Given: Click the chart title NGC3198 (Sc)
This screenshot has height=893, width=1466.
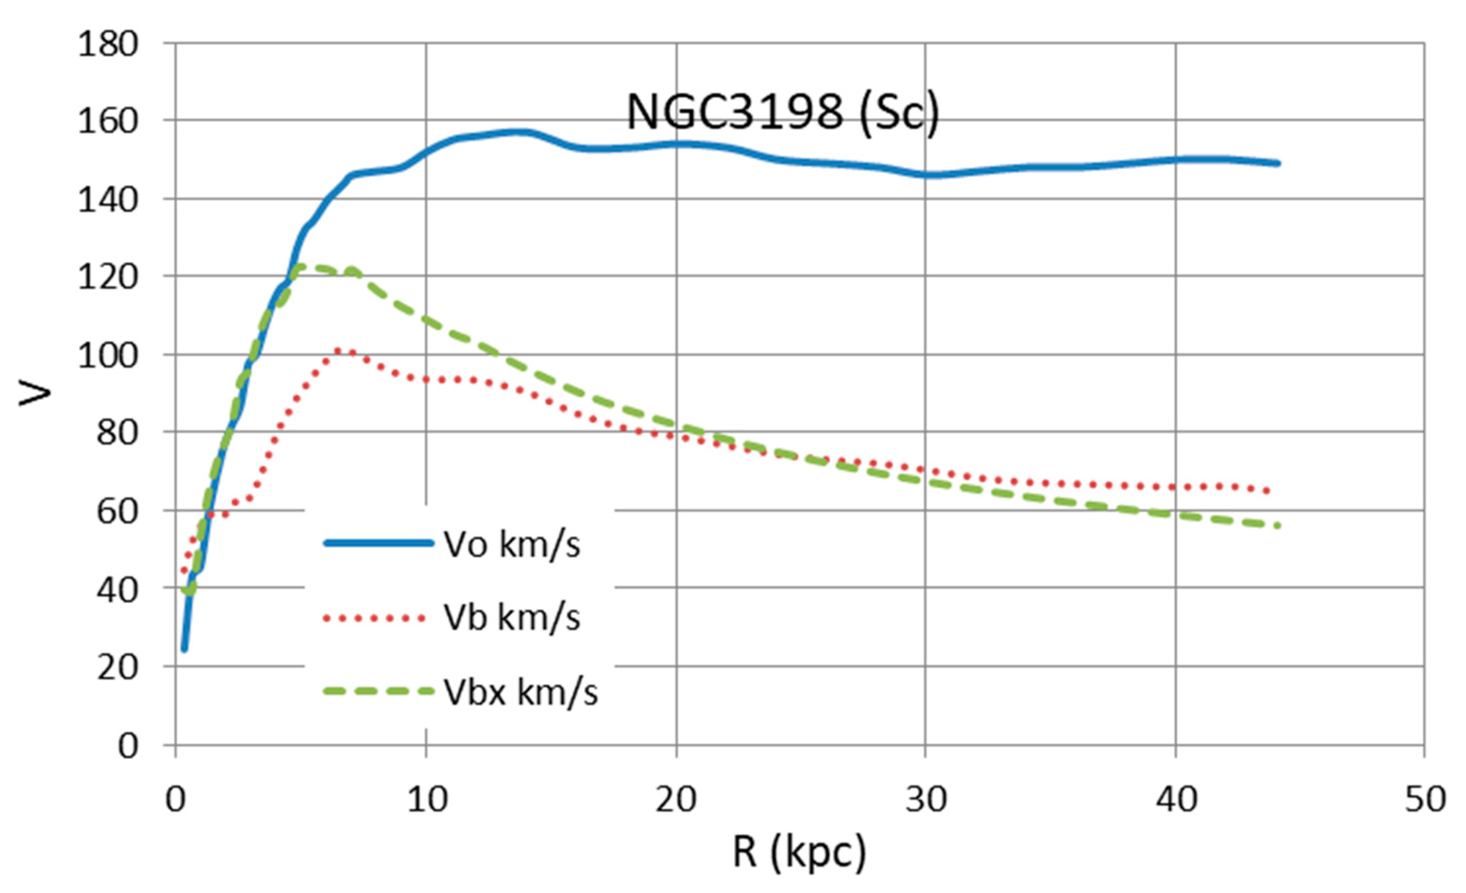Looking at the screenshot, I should coord(783,113).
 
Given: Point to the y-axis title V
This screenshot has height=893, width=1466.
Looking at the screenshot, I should coord(35,393).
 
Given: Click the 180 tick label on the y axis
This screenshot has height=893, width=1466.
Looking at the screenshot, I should coord(107,44).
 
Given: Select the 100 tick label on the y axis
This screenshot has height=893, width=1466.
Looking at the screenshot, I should coord(107,356).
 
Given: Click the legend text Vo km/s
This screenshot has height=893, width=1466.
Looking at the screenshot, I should coord(512,544).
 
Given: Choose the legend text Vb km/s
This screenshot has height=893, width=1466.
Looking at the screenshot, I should coord(512,617).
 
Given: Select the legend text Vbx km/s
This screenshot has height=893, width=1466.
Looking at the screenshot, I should coord(521,692).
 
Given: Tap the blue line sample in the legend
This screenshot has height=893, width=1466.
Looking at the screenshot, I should coord(378,542).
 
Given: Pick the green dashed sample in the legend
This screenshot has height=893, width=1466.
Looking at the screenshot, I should coord(378,691).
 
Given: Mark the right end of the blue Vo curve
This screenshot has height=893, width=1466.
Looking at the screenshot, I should coord(1278,163).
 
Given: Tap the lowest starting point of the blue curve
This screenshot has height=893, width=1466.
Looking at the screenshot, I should coord(184,649).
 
